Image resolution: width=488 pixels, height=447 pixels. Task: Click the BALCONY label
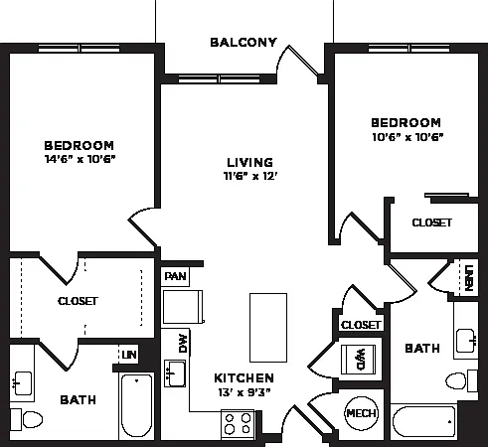tap(244, 43)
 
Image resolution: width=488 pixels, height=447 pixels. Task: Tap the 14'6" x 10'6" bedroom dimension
tap(80, 159)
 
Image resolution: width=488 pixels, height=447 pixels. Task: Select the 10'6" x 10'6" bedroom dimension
tap(407, 137)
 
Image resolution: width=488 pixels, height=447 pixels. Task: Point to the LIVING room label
tap(250, 162)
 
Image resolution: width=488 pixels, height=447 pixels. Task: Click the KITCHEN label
tap(244, 377)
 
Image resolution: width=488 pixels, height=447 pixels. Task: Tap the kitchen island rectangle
tap(268, 328)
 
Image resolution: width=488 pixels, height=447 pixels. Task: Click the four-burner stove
tap(238, 424)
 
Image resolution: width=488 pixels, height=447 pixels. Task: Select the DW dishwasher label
tap(183, 344)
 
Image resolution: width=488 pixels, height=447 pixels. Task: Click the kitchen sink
tap(175, 373)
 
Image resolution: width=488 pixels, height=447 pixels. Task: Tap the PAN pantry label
tap(176, 276)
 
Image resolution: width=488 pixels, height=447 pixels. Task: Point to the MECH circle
tap(361, 413)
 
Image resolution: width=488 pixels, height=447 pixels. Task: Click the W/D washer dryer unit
tap(359, 360)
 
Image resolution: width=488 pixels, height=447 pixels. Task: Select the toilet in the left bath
tap(27, 419)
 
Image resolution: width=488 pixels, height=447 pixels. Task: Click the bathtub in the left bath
tap(136, 406)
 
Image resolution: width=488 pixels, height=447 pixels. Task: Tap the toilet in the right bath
tap(461, 380)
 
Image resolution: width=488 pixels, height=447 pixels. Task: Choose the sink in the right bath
tap(466, 341)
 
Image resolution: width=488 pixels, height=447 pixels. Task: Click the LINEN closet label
tap(469, 278)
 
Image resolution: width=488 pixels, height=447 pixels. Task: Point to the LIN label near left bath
tap(129, 355)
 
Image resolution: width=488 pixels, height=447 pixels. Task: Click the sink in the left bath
tap(22, 383)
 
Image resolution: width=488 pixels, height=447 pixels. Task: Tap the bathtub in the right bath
tap(423, 421)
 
